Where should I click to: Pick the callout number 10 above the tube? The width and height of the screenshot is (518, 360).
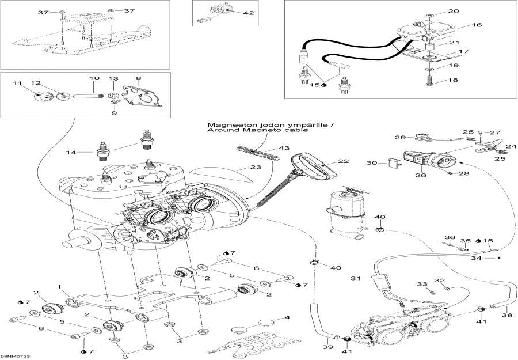[94, 78]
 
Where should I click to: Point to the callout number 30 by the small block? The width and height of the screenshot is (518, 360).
[371, 163]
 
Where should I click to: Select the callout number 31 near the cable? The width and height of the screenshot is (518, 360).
[355, 279]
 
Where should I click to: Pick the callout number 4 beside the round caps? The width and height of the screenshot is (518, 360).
[287, 317]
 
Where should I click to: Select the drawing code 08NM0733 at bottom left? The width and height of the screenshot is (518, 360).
[16, 356]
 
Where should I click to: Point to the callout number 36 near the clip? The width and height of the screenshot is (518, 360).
[450, 237]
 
